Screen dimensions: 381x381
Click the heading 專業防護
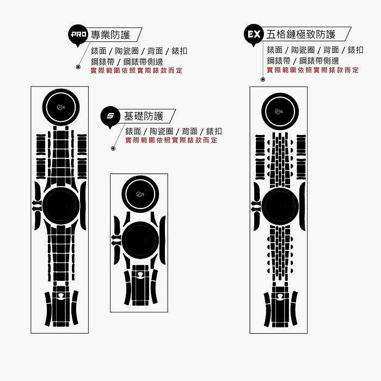point(110,35)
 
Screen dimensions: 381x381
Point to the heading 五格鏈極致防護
point(301,34)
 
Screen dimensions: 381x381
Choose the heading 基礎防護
point(144,116)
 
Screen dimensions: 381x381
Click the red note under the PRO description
point(136,71)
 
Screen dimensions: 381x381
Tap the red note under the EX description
point(312,70)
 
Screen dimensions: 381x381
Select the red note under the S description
point(171,140)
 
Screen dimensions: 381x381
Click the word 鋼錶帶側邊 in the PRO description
point(143,62)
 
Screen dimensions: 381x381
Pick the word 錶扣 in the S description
point(214,132)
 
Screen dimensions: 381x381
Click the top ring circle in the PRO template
point(61,107)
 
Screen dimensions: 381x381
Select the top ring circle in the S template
point(140,194)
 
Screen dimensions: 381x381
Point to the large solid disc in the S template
point(140,240)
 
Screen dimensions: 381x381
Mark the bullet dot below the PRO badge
point(78,66)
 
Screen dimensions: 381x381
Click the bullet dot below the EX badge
point(263,79)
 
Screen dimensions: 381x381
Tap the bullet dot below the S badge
point(113,148)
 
